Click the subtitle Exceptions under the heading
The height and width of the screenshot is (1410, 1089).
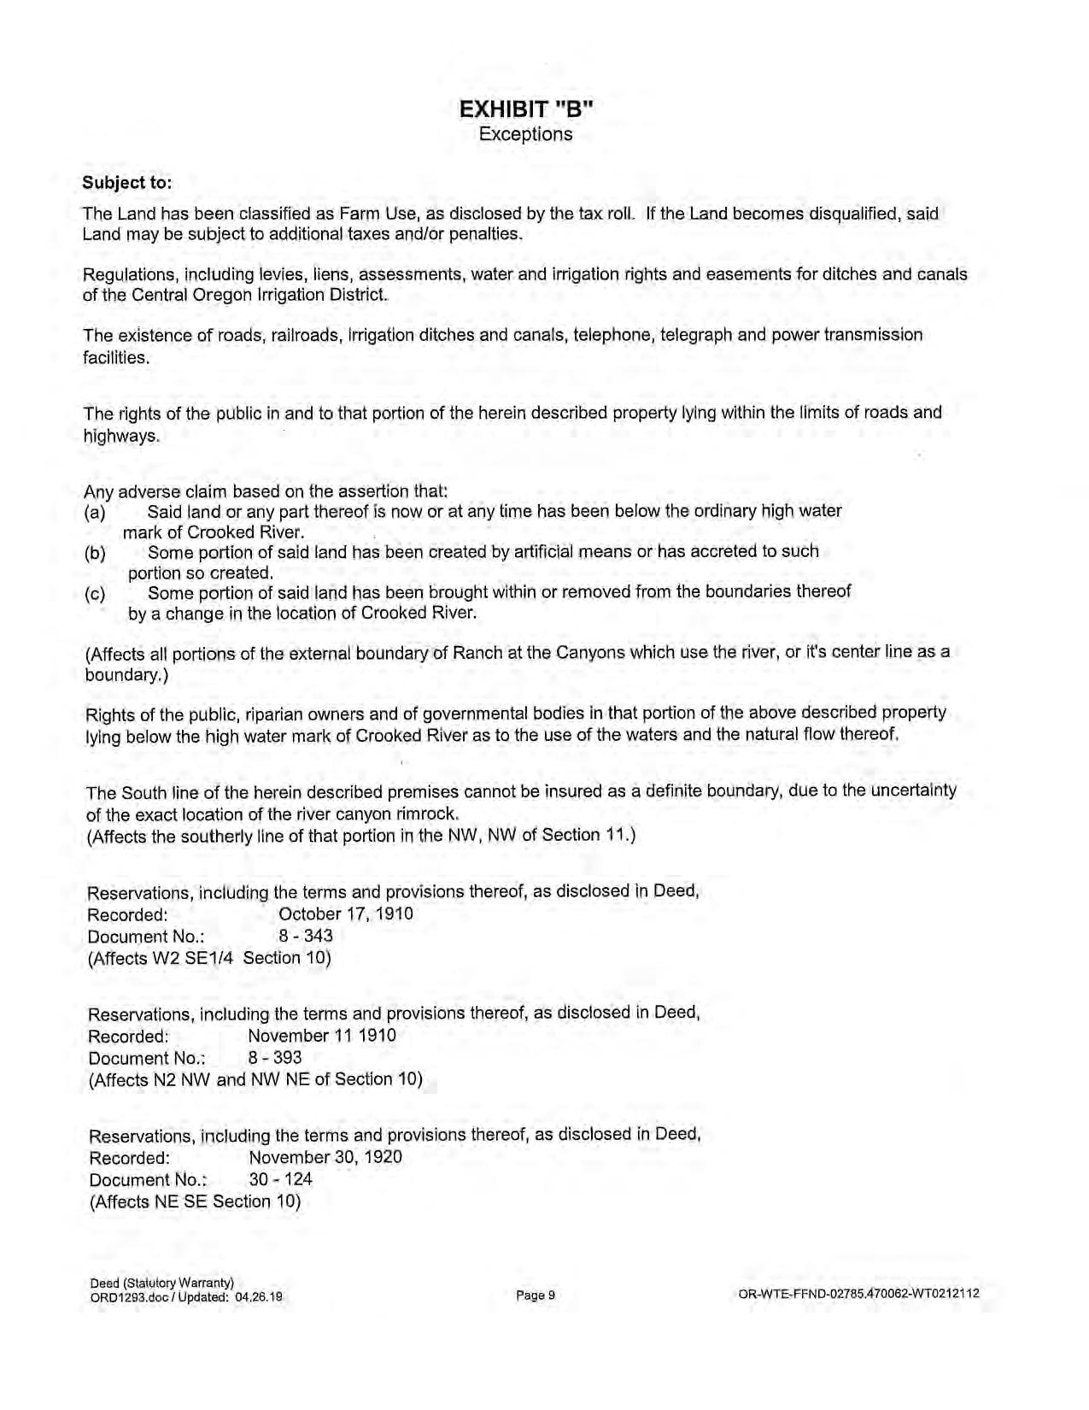click(x=525, y=134)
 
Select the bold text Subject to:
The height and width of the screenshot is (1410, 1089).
click(x=126, y=183)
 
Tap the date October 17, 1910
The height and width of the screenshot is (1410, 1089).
click(x=346, y=914)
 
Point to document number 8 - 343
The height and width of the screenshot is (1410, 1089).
click(x=306, y=935)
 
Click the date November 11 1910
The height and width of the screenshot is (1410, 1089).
click(x=322, y=1036)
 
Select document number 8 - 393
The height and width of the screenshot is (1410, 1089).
click(x=274, y=1057)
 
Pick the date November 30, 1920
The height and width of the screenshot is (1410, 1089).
click(x=325, y=1157)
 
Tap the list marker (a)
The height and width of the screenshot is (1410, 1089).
click(x=95, y=513)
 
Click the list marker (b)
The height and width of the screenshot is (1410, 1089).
click(x=95, y=553)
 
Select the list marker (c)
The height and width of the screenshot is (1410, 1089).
click(x=95, y=594)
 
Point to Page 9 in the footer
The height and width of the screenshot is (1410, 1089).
click(x=536, y=1295)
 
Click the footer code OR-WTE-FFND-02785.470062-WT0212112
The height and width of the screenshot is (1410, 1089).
click(x=858, y=1294)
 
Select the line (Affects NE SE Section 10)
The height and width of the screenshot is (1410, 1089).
click(x=195, y=1201)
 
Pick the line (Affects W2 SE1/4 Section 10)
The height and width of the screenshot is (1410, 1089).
click(x=209, y=958)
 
